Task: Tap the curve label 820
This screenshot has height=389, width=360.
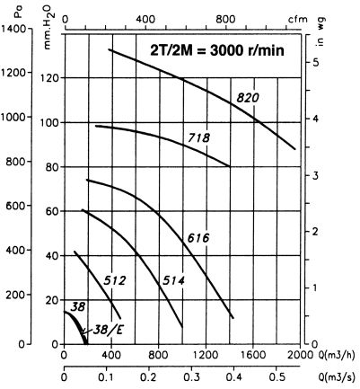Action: point(249,98)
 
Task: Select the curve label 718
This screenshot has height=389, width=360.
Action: point(199,137)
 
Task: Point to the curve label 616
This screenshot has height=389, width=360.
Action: point(198,238)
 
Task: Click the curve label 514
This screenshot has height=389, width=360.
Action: point(174,281)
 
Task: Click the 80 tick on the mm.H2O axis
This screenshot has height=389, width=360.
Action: point(52,167)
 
